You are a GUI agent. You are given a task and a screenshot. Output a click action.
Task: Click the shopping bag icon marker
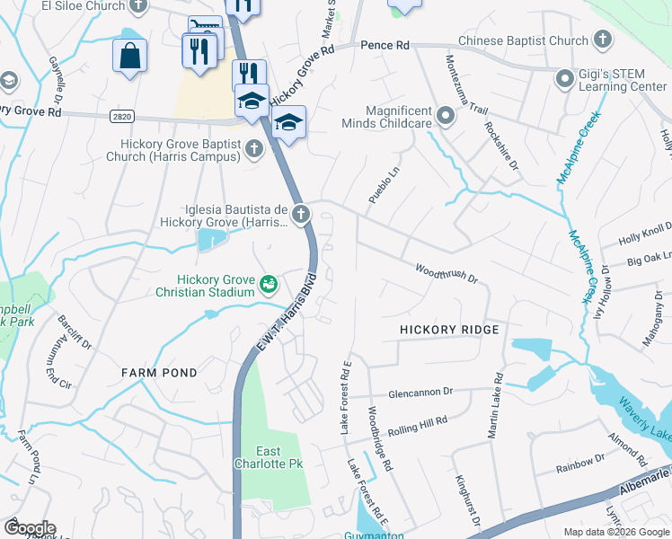click(x=129, y=56)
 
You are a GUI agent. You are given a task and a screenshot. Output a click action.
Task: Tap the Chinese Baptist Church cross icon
click(x=603, y=40)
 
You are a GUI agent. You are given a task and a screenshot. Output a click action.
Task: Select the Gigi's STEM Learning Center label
click(x=623, y=79)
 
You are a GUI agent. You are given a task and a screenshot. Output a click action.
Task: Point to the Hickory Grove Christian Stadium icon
click(x=267, y=285)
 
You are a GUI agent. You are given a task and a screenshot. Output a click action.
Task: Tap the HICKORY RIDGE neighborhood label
click(x=449, y=331)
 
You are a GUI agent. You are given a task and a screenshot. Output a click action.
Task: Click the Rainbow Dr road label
click(x=579, y=463)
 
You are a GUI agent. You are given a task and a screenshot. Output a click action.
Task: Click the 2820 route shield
click(x=125, y=116)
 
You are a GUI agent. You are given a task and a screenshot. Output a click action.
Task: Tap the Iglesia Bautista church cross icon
click(x=300, y=214)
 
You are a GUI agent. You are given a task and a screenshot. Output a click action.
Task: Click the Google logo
click(x=29, y=528)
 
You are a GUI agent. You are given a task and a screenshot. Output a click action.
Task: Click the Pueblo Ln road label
click(x=382, y=183)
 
